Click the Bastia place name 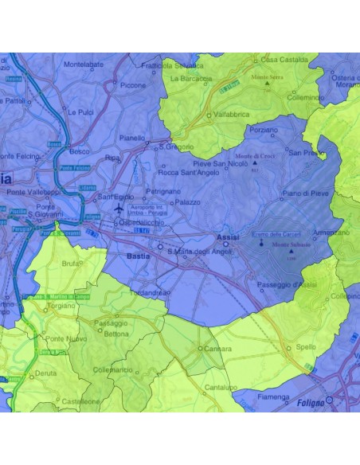point(138,256)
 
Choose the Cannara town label point(217,349)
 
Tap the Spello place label point(306,347)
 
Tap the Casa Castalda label point(283,59)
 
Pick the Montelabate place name point(84,64)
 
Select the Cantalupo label point(219,387)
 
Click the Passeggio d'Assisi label point(287,285)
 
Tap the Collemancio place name point(112,369)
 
